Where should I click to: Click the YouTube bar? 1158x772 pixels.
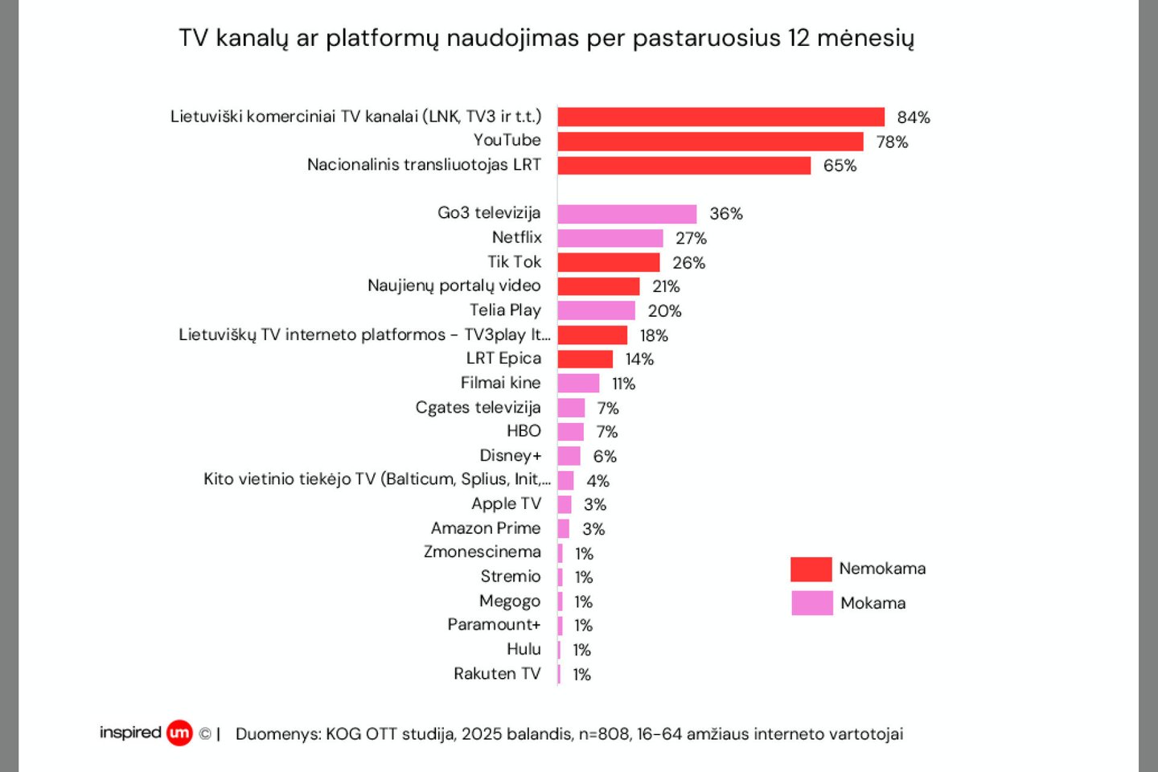(x=710, y=142)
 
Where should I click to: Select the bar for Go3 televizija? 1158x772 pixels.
(x=626, y=214)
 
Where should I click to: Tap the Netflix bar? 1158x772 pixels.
(x=610, y=238)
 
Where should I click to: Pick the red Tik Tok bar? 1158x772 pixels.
(x=608, y=262)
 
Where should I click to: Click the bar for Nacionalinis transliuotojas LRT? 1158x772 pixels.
(x=684, y=166)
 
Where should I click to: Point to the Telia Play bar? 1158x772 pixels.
(x=596, y=310)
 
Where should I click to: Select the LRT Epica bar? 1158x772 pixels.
(x=585, y=359)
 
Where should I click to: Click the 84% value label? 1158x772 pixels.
(x=914, y=117)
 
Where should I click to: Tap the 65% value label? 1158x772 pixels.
(x=840, y=166)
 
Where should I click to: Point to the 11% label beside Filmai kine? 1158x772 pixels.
(x=623, y=384)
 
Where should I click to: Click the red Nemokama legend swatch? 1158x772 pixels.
(x=811, y=569)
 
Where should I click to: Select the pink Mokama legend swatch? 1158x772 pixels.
(x=811, y=603)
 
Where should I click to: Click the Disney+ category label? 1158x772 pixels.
(x=510, y=456)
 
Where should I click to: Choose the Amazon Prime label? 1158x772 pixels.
(x=486, y=528)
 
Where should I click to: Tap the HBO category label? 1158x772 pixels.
(x=524, y=431)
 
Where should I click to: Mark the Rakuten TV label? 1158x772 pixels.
(x=497, y=673)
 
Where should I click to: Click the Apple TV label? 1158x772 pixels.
(x=506, y=504)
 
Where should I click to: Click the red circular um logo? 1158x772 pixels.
(x=179, y=733)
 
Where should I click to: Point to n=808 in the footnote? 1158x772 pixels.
(x=605, y=734)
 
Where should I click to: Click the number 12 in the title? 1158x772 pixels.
(x=799, y=38)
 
